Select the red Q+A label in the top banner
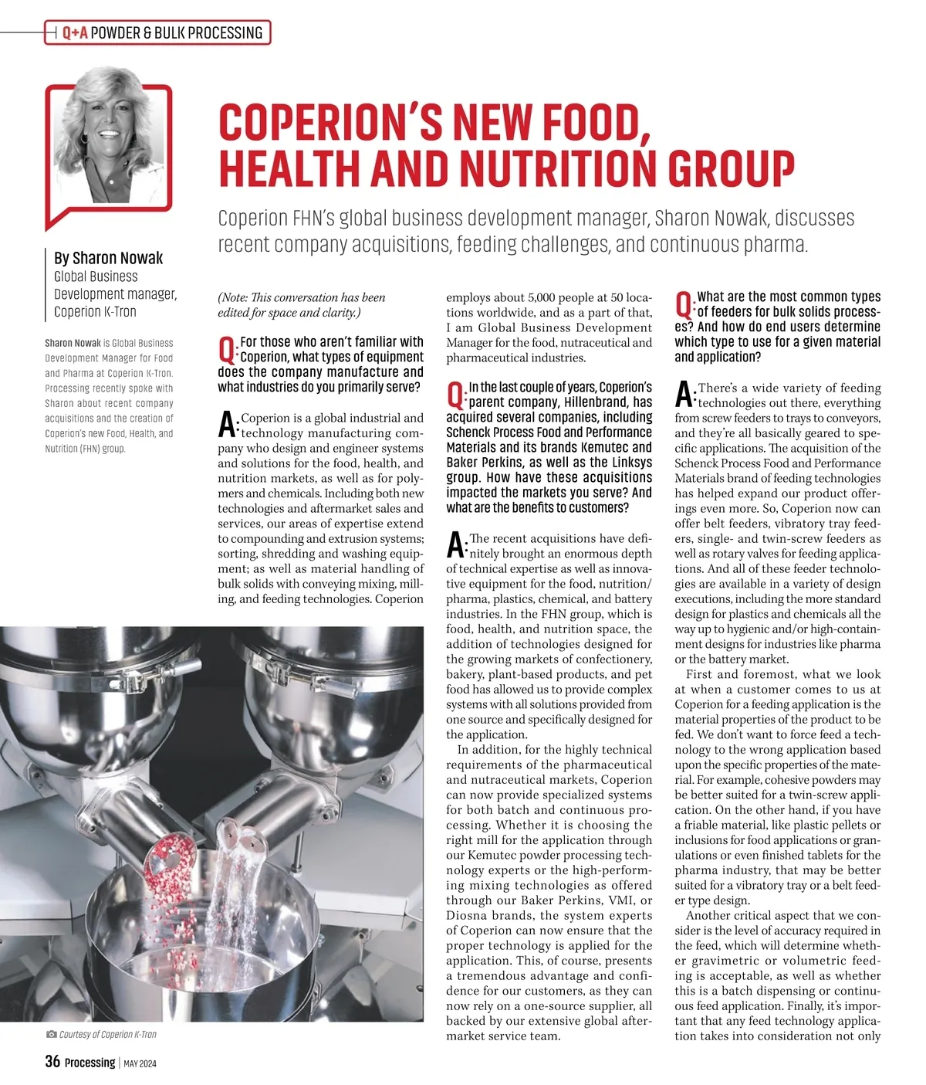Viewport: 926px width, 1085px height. (75, 32)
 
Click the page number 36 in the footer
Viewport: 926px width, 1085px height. (52, 1062)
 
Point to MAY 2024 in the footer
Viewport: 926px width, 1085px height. (140, 1063)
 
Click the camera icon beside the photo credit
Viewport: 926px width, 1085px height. (51, 1034)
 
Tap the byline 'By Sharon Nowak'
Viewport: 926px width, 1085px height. (108, 258)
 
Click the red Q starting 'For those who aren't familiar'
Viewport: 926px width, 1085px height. (227, 350)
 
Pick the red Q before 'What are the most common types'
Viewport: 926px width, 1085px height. (684, 304)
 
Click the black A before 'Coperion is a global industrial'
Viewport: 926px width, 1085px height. (227, 424)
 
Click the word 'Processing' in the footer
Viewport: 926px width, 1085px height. (90, 1063)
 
